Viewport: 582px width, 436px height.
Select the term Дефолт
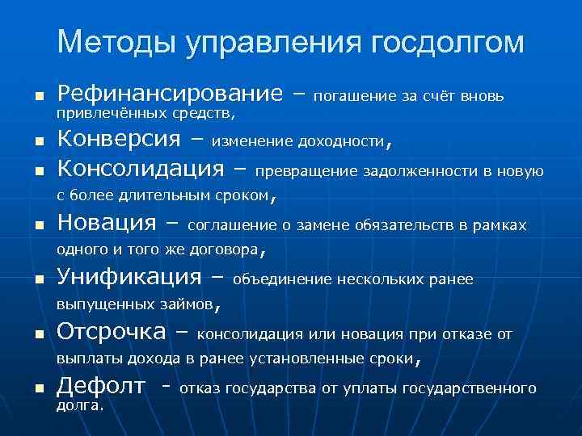pyautogui.click(x=101, y=387)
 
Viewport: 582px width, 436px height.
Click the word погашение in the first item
pyautogui.click(x=352, y=97)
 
